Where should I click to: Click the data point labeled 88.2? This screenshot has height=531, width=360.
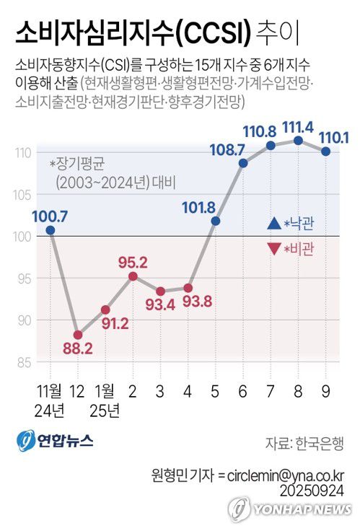pos(78,335)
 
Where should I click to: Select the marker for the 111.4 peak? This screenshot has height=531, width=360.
pos(297,140)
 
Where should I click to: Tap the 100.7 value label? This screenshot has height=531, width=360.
pos(50,215)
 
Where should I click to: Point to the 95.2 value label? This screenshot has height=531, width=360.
pos(133,260)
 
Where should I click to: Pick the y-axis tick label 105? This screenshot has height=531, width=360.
pos(23,194)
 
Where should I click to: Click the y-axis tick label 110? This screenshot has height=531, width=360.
pos(23,153)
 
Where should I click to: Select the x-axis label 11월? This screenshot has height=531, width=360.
pos(50,392)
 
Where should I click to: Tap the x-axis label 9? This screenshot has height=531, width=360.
pos(325,392)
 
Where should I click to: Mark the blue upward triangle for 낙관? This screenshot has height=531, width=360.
pos(273,224)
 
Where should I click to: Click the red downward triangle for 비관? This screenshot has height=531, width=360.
pos(273,249)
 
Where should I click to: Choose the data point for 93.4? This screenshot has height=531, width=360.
pos(161,291)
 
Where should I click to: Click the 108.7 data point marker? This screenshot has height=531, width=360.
pos(243,163)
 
